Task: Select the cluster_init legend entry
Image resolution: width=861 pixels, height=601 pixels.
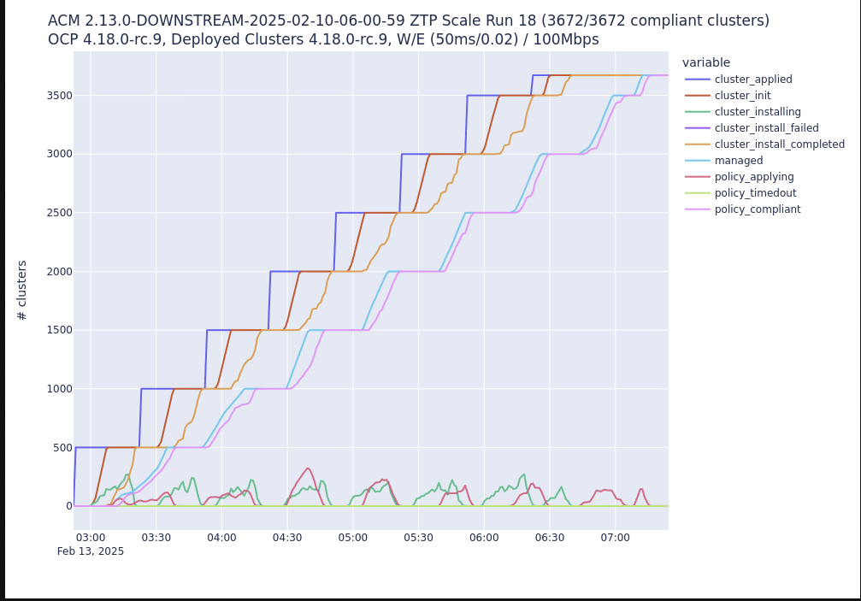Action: (742, 96)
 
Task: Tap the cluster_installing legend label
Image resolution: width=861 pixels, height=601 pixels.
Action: (758, 112)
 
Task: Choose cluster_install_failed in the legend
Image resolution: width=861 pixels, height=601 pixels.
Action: (766, 128)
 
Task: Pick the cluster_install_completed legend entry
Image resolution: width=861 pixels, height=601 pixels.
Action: (779, 144)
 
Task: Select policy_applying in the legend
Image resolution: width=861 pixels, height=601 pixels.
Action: (753, 177)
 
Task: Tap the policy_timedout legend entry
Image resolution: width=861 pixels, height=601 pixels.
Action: (755, 193)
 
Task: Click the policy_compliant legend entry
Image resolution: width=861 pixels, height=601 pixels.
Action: (757, 209)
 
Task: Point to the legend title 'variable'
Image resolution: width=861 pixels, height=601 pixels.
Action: (706, 62)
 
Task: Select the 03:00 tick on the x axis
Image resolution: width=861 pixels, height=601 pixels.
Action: (91, 538)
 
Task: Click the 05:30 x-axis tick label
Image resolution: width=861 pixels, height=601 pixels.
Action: (418, 538)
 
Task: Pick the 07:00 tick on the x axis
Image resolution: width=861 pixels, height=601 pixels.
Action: (615, 538)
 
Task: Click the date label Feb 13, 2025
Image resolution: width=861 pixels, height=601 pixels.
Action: (91, 551)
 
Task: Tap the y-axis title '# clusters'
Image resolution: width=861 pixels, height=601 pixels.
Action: (22, 290)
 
